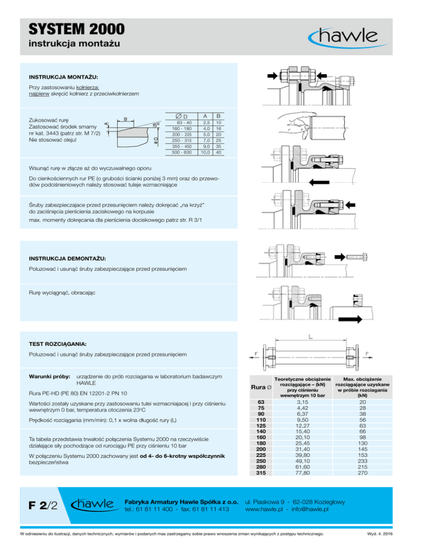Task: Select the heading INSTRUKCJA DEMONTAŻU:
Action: (68, 258)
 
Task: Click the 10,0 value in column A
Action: (204, 152)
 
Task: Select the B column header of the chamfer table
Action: (218, 116)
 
